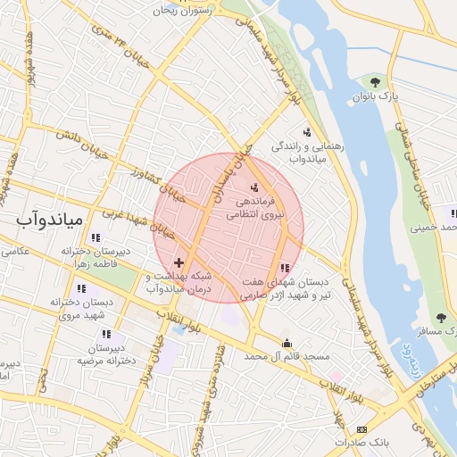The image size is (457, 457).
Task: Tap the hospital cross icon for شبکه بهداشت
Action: [179, 263]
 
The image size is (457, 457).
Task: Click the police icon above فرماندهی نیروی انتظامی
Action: [255, 187]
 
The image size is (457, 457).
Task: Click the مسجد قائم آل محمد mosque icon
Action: [287, 344]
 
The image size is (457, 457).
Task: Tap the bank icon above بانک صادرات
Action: [361, 429]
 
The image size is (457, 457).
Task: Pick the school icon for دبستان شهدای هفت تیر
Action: [285, 267]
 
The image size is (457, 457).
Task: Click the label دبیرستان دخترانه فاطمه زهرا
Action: [96, 259]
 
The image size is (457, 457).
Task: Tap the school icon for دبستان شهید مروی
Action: [82, 288]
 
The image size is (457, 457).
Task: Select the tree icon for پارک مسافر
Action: [441, 317]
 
